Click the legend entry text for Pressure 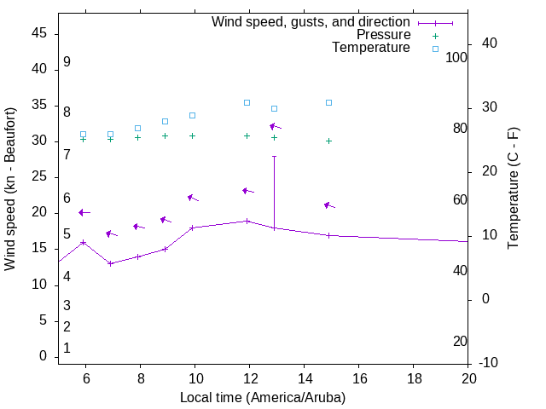(383, 35)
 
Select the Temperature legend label (371, 48)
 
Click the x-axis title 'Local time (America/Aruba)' (263, 397)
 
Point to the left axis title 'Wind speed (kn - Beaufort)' (10, 189)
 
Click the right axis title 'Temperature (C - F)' (513, 189)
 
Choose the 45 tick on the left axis (39, 33)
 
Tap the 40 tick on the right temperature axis (490, 43)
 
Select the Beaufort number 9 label (67, 62)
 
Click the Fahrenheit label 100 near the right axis (456, 57)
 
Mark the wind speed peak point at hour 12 (247, 221)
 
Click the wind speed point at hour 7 (110, 263)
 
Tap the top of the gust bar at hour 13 (274, 156)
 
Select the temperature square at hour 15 (328, 102)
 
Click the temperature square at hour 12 (247, 102)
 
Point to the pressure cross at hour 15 (328, 141)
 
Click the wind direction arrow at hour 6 (84, 212)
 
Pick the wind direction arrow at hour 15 (329, 205)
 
